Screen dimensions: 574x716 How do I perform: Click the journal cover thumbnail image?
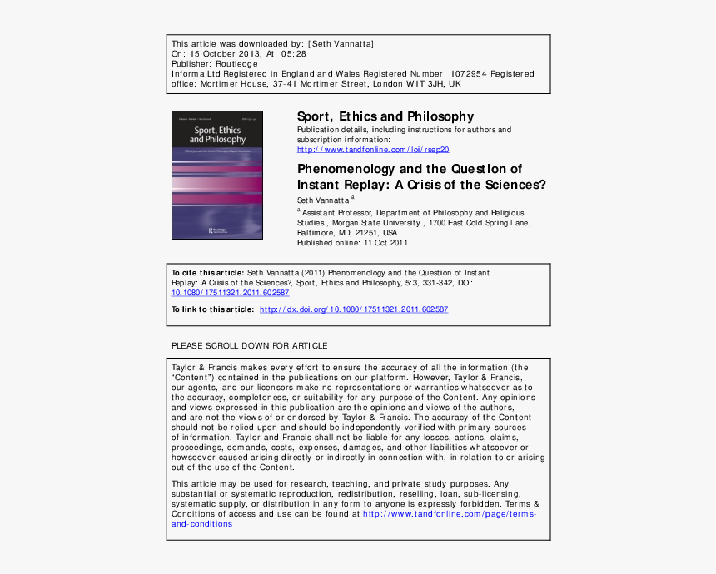click(216, 176)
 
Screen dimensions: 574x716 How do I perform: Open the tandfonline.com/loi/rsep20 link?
click(373, 150)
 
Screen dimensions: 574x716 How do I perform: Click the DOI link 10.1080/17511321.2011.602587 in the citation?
click(230, 293)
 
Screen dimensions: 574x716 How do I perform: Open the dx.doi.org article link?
click(354, 309)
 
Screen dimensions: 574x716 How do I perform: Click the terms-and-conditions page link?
click(450, 514)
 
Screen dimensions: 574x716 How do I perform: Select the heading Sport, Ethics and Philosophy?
click(385, 116)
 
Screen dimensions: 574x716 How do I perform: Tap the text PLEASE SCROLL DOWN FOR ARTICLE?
click(249, 345)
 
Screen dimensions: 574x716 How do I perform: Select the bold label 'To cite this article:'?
click(207, 273)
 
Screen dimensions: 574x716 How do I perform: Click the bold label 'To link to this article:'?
click(212, 309)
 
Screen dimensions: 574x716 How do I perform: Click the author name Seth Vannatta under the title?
click(323, 200)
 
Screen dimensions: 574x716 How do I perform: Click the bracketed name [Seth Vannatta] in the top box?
click(341, 43)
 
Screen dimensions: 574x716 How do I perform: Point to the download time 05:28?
click(295, 53)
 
